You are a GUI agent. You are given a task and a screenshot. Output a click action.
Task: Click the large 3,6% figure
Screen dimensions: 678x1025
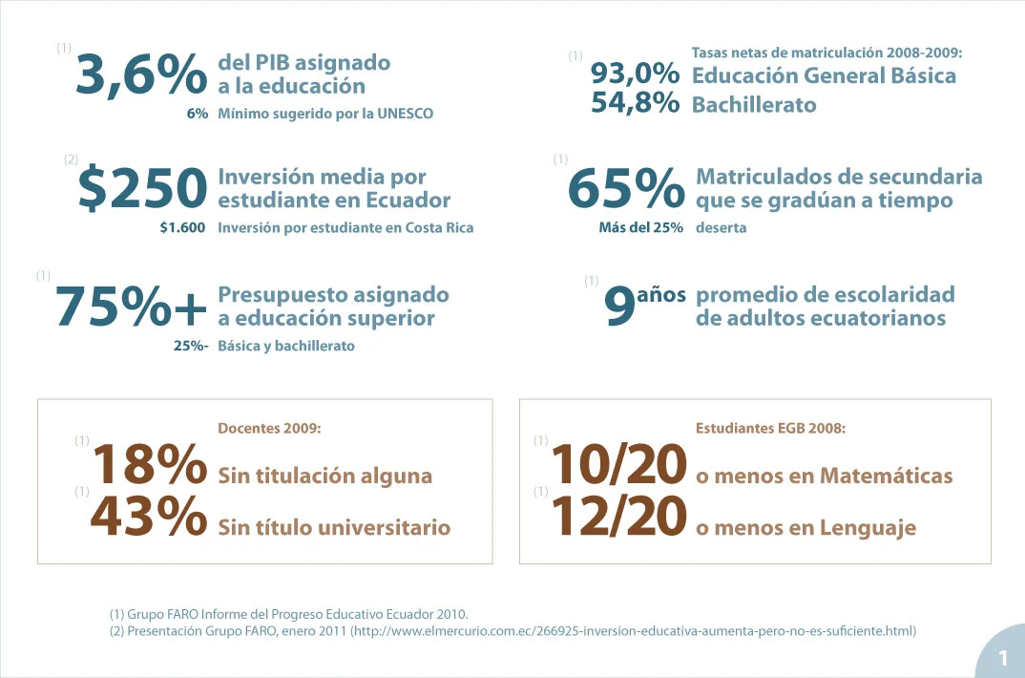pos(140,74)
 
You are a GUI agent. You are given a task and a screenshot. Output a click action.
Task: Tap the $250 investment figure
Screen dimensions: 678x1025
pos(142,189)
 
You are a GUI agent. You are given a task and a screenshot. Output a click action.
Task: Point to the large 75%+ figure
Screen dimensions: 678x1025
pos(131,307)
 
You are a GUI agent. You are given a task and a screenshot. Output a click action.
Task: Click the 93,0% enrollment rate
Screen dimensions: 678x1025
pos(635,74)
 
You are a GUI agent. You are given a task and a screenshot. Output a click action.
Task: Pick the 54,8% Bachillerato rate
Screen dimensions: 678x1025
pos(635,103)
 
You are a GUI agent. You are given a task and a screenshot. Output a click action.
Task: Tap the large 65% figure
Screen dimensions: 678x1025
pos(626,189)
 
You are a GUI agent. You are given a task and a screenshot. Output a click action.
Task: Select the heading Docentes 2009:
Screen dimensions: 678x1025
pos(269,429)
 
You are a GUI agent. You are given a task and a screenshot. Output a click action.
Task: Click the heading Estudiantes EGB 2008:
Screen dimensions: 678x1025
pos(771,429)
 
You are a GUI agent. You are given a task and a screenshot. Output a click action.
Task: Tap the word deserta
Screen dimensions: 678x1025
pos(721,228)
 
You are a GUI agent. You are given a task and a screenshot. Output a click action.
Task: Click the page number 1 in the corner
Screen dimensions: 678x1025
pos(1003,658)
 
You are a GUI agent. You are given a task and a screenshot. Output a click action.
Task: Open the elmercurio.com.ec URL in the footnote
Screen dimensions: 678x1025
pos(634,630)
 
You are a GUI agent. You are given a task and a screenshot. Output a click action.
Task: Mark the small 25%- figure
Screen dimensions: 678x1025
pos(191,346)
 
